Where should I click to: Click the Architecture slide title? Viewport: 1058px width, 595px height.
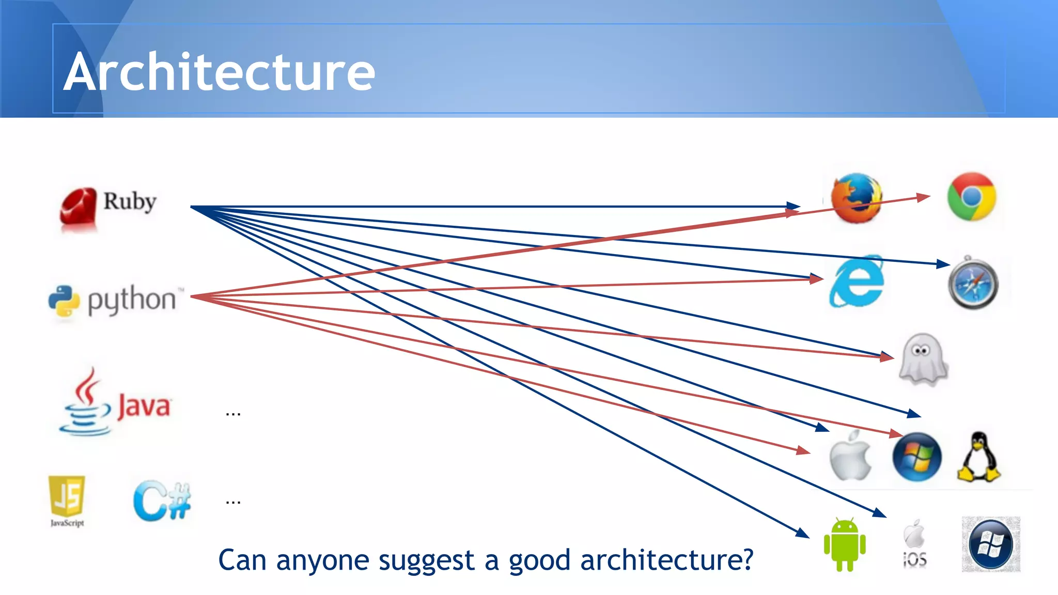click(220, 72)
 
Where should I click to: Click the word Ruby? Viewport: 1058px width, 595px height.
click(130, 201)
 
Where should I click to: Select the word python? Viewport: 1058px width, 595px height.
click(132, 300)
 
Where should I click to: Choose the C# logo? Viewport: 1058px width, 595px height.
click(162, 500)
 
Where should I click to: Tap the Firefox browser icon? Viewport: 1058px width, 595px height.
click(856, 198)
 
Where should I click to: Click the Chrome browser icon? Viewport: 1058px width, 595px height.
click(971, 197)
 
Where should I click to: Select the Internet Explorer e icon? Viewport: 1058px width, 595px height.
click(857, 282)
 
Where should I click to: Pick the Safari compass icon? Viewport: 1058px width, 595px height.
click(973, 284)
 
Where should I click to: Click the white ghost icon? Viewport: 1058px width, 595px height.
click(923, 359)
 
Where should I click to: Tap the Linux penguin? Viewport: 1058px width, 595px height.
click(978, 458)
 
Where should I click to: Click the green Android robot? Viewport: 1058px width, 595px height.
click(845, 545)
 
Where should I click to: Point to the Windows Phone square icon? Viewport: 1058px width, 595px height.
click(990, 544)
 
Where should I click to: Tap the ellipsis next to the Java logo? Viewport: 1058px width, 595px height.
click(233, 413)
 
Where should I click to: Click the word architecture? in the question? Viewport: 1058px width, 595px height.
click(666, 560)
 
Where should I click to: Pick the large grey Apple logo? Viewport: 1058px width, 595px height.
click(850, 456)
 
